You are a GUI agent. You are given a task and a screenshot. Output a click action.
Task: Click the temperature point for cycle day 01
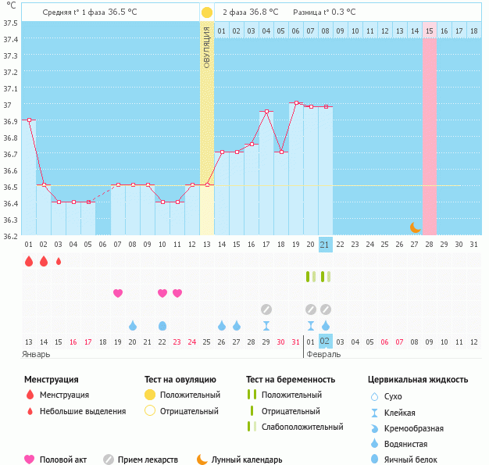coord(29,120)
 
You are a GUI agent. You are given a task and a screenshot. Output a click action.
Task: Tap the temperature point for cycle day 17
coord(266,112)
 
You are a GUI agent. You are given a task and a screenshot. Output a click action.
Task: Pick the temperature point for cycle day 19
coord(296,102)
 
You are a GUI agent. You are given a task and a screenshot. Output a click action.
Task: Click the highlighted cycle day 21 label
coord(326,245)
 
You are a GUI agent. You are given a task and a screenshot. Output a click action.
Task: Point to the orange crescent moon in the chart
coord(416,227)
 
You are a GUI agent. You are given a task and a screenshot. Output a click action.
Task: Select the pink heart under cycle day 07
coord(118,293)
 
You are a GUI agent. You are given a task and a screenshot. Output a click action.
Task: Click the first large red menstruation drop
coord(29,261)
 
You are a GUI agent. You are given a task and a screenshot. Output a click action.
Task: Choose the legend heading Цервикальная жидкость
coord(418,380)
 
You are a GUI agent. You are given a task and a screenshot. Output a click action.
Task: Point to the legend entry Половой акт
coord(63,460)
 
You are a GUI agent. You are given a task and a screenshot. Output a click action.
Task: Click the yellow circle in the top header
coord(206,13)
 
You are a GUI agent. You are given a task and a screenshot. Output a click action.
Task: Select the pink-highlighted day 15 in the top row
coord(430,30)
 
